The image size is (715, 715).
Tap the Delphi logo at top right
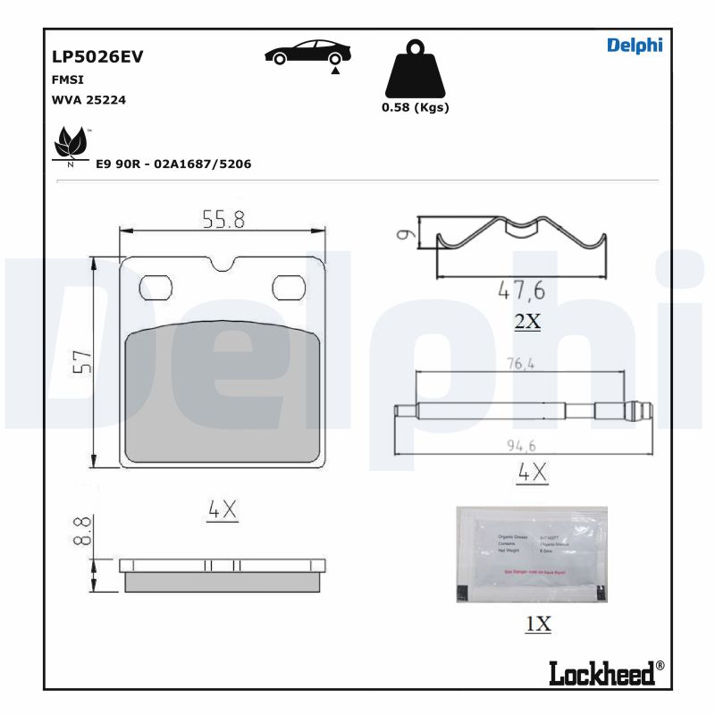[x=635, y=46]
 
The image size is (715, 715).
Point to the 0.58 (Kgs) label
[x=416, y=107]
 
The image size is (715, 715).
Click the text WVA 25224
[x=89, y=100]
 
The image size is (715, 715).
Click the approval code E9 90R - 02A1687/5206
[x=173, y=165]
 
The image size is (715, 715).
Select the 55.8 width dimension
[x=222, y=219]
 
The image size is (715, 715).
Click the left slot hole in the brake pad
[x=156, y=288]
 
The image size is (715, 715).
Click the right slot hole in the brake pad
[x=289, y=288]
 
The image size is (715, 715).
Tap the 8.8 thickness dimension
[x=81, y=530]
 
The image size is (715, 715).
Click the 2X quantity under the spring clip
[x=528, y=322]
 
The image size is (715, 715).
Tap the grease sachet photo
[x=531, y=554]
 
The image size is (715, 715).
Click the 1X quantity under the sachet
[x=538, y=625]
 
